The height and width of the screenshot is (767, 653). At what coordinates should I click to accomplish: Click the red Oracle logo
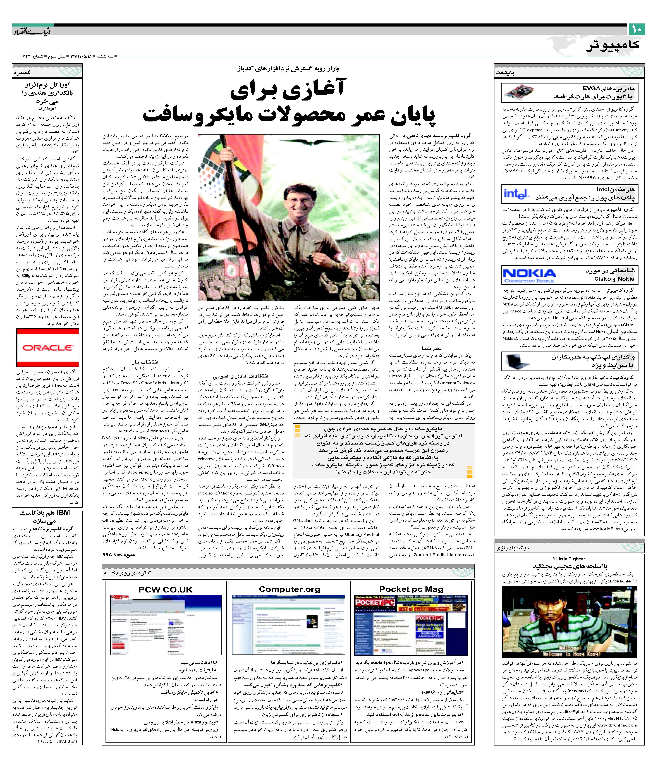coord(47,348)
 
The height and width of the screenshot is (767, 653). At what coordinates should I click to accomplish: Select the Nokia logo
coord(529,274)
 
